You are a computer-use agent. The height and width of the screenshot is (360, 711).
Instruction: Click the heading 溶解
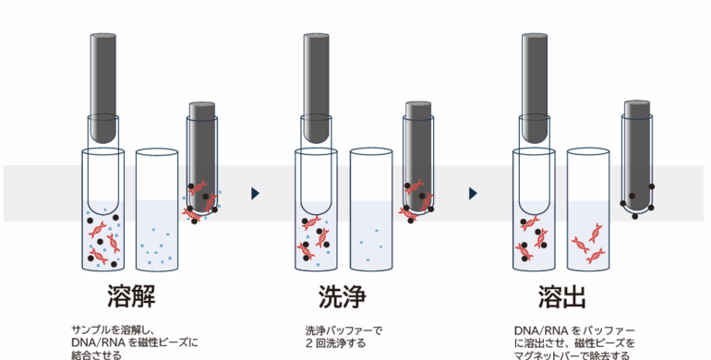[131, 296]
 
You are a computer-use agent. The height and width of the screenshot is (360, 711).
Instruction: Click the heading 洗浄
[343, 296]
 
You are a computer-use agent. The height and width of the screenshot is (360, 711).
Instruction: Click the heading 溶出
[562, 296]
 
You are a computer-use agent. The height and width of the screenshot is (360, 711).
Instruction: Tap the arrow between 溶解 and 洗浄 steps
[255, 194]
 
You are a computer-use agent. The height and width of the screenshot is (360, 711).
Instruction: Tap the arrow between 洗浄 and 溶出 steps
[473, 194]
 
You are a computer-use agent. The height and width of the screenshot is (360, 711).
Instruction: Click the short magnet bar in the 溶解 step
[202, 156]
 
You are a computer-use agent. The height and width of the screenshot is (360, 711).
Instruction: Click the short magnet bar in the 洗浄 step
[418, 156]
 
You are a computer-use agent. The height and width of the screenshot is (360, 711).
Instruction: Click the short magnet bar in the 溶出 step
[637, 155]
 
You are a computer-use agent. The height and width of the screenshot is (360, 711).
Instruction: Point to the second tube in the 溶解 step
[157, 210]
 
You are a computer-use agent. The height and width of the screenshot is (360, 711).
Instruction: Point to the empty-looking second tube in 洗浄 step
[371, 210]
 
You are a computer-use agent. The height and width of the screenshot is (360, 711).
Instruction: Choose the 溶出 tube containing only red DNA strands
[588, 210]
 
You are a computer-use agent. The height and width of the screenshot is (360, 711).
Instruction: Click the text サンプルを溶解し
[110, 330]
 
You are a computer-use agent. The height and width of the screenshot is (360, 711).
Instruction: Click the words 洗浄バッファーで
[344, 330]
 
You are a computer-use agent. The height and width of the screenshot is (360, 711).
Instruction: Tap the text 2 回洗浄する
[335, 343]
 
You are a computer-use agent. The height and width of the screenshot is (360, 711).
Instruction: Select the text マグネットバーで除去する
[572, 355]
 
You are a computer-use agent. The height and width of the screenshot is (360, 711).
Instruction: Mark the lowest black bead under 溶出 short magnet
[635, 216]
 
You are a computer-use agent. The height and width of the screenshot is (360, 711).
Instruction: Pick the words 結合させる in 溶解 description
[97, 355]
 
